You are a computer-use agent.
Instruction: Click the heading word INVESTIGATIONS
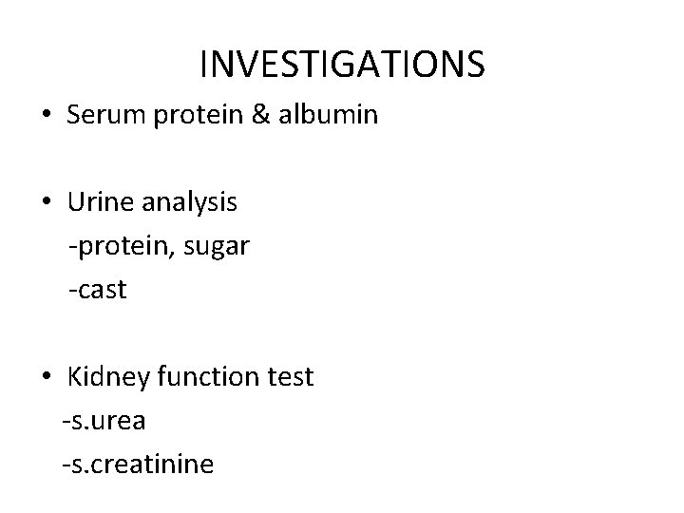coord(342,64)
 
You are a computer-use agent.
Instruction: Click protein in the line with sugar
coord(115,247)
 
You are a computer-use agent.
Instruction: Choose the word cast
coord(101,290)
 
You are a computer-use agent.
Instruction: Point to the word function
coord(202,376)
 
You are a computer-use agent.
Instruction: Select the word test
coord(287,376)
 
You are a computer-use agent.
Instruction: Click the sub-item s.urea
coord(106,421)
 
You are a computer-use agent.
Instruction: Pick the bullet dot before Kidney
coord(47,378)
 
